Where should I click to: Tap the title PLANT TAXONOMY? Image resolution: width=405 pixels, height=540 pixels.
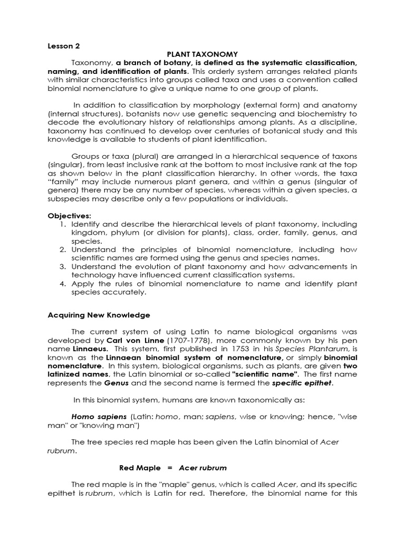pos(202,54)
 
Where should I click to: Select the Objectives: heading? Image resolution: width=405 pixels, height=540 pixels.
pos(70,216)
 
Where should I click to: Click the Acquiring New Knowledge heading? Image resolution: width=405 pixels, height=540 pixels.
pos(99,315)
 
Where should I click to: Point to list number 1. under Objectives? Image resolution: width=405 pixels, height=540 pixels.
pos(62,224)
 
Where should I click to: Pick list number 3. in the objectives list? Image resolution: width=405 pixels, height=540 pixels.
pos(62,266)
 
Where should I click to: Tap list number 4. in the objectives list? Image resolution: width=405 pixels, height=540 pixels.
pos(62,283)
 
